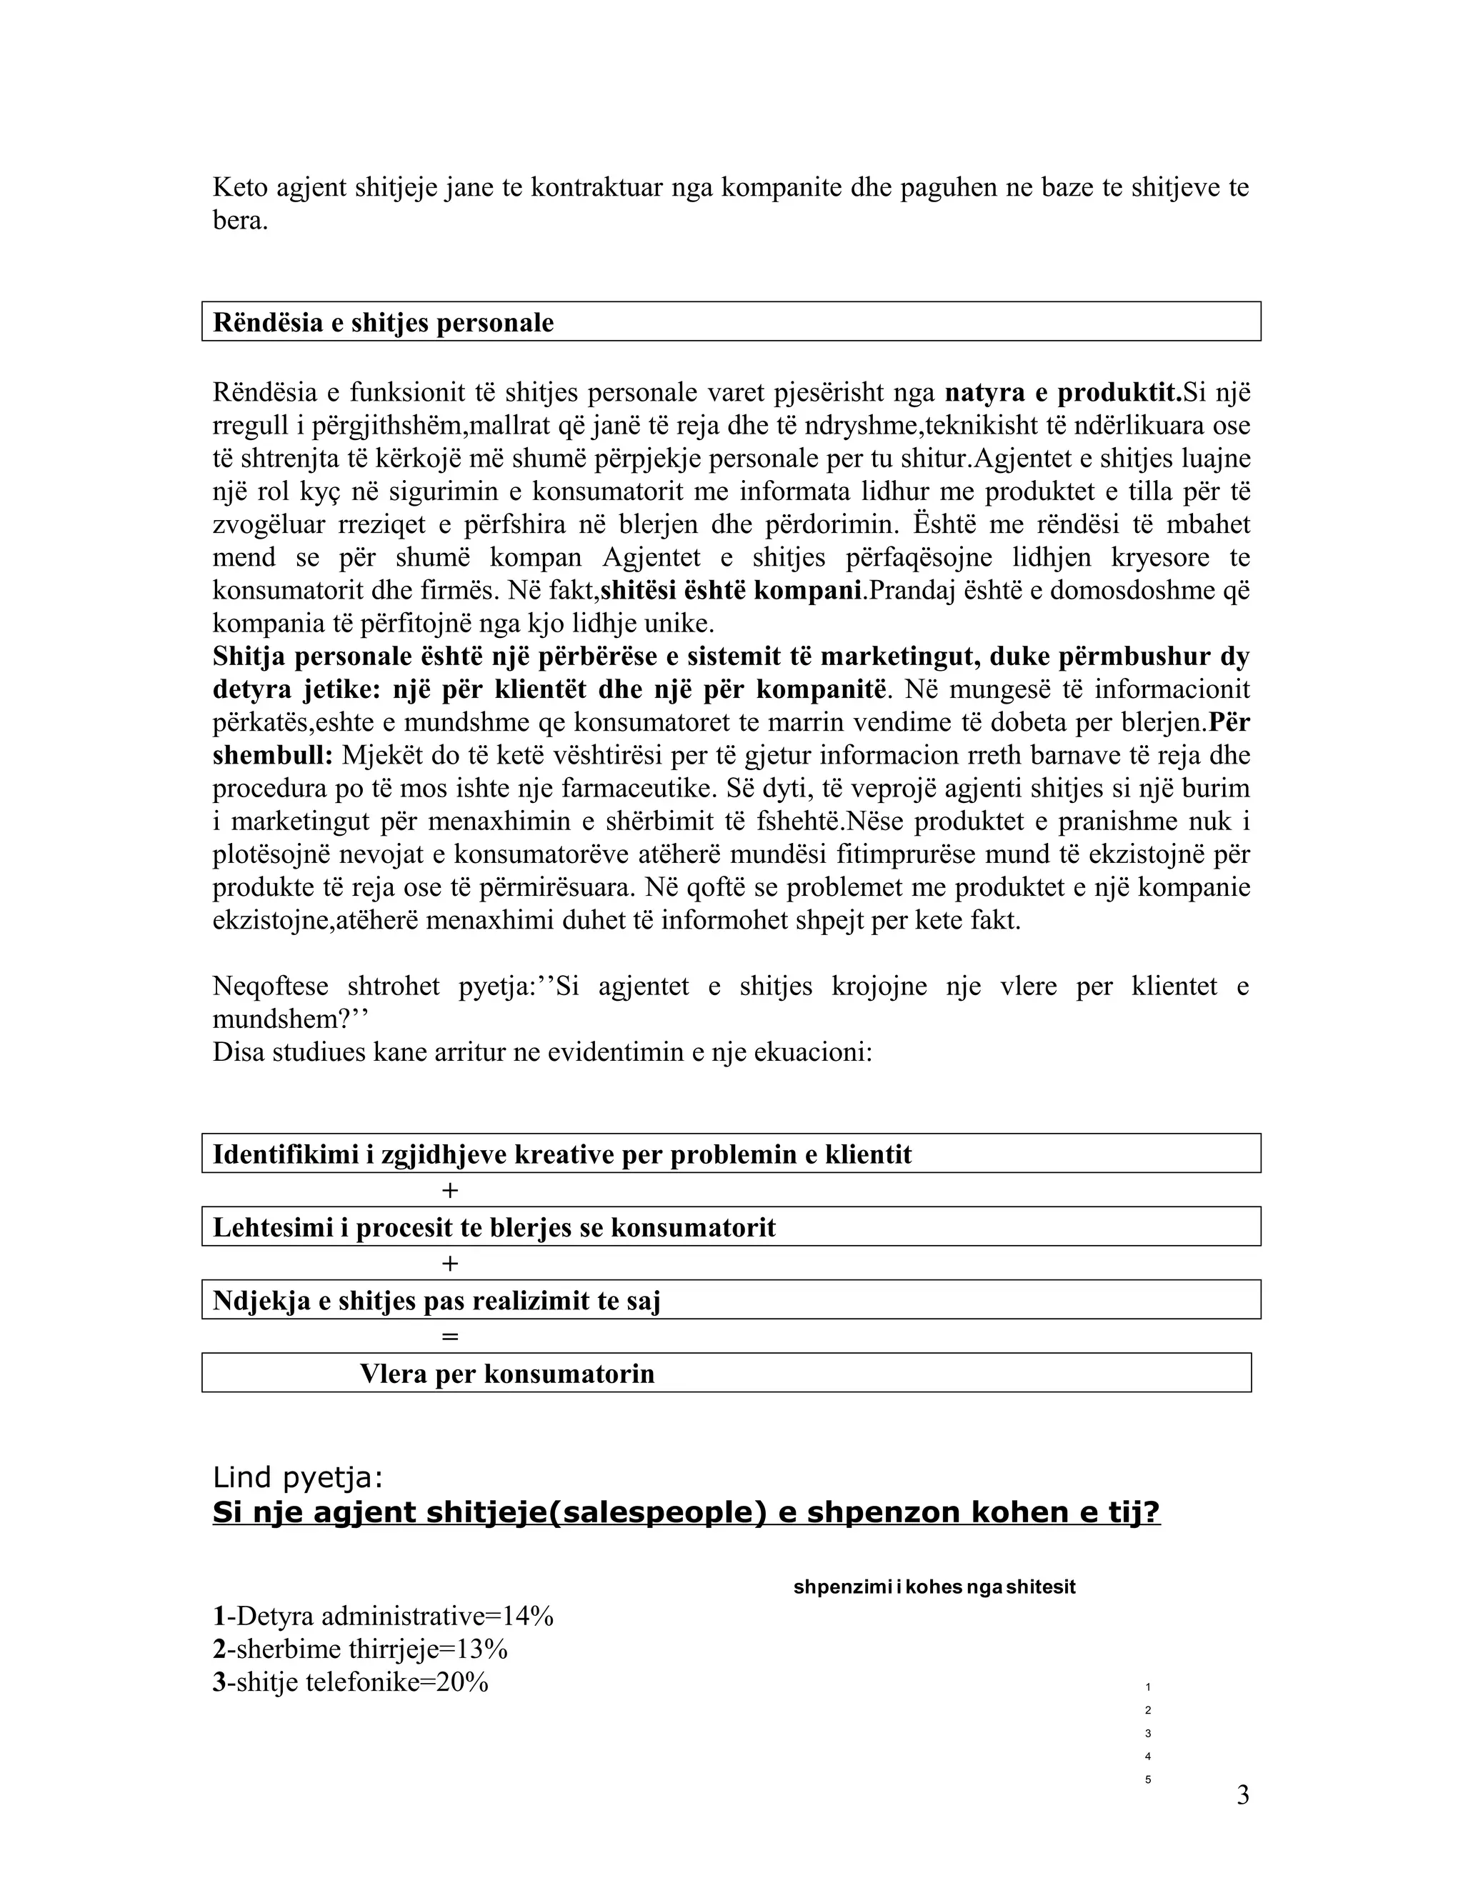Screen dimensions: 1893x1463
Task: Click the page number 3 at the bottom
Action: tap(1242, 1795)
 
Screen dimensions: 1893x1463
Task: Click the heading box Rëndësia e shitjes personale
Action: tap(731, 321)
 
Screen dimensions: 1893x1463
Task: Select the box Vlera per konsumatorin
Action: tap(726, 1373)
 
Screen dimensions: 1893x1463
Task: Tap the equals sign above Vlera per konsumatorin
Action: tap(449, 1336)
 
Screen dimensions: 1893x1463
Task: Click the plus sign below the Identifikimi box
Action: tap(449, 1190)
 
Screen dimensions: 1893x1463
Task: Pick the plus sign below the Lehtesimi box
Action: tap(449, 1263)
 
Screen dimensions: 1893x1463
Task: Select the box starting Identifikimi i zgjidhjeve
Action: tap(731, 1154)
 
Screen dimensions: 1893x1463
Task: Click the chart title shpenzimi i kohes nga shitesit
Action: tap(934, 1587)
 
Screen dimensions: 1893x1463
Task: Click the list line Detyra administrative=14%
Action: tap(383, 1616)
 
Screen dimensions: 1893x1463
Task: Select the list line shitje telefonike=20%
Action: tap(351, 1682)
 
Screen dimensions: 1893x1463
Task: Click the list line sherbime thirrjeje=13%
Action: tap(361, 1649)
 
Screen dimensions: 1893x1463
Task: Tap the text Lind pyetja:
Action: tap(297, 1476)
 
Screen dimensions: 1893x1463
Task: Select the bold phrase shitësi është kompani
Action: tap(732, 590)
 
